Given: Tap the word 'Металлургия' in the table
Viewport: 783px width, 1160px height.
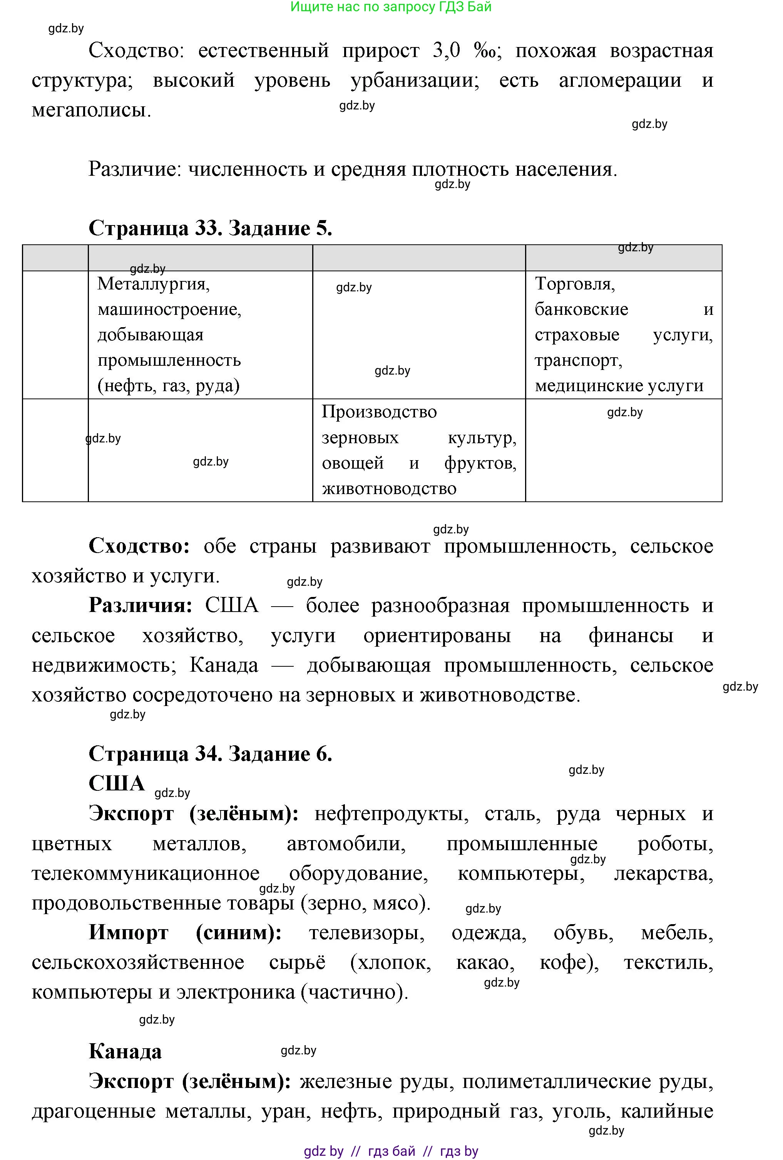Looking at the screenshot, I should pyautogui.click(x=153, y=284).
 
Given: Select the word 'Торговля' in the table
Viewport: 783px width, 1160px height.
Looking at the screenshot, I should pyautogui.click(x=574, y=284).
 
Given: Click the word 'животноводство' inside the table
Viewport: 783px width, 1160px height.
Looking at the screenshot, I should pyautogui.click(x=389, y=489).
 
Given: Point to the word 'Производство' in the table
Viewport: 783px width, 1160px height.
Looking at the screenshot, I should pyautogui.click(x=379, y=412).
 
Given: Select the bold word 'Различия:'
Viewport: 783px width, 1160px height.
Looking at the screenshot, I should pyautogui.click(x=141, y=605).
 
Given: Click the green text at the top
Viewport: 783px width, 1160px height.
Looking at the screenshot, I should pyautogui.click(x=391, y=7).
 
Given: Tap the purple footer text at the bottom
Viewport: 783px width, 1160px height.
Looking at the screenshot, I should pyautogui.click(x=391, y=1152).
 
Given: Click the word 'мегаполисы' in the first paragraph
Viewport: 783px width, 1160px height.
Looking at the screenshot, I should pyautogui.click(x=91, y=110).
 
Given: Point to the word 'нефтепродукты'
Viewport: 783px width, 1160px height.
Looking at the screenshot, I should pyautogui.click(x=391, y=814).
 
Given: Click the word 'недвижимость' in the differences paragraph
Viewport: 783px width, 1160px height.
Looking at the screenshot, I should pyautogui.click(x=104, y=665).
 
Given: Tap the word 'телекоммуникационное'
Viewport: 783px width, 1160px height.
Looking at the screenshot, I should pyautogui.click(x=146, y=874).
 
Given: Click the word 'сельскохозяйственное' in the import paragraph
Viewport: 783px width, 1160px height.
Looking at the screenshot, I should pyautogui.click(x=138, y=963).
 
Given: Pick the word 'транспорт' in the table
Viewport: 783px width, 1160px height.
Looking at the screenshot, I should pyautogui.click(x=579, y=360).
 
